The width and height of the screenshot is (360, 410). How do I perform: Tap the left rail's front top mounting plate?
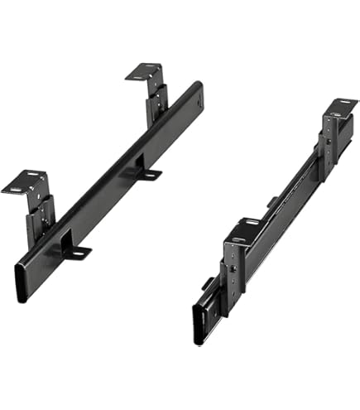24,182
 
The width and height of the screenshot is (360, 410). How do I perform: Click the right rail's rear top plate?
340,109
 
